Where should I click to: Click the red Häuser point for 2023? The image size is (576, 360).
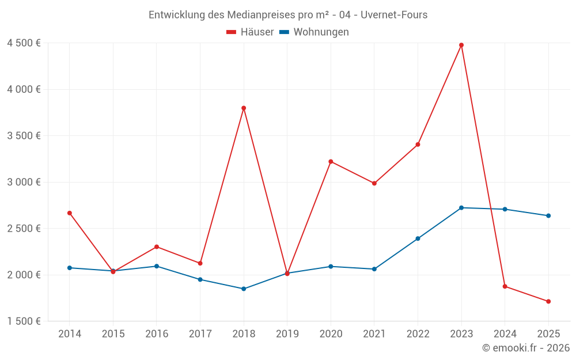461,45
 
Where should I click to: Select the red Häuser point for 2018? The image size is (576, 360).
244,108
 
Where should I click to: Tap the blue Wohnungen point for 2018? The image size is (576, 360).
244,289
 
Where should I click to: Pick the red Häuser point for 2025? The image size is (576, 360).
548,301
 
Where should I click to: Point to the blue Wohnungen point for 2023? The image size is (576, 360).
461,208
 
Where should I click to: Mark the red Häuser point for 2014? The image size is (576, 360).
70,213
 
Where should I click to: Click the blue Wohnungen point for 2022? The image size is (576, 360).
418,238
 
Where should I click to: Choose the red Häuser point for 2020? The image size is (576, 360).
331,161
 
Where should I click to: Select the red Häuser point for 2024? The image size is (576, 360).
505,286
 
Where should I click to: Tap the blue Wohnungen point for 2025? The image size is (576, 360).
548,216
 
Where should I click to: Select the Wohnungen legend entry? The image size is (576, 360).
314,32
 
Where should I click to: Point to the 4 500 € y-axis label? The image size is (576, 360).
24,43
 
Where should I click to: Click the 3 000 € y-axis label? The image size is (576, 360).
24,182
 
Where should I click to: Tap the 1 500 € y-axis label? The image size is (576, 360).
24,321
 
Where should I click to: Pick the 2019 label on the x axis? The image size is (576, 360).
287,334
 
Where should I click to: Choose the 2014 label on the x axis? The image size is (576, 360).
70,334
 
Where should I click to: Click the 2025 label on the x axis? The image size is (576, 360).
548,334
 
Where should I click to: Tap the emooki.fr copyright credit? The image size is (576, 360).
526,348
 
